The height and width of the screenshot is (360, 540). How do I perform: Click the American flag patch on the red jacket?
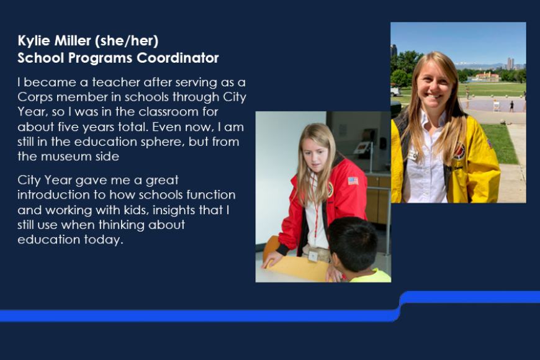tap(353, 181)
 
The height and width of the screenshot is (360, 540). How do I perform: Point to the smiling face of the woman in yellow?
tap(436, 86)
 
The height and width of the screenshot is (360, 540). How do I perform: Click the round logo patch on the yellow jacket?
tap(459, 151)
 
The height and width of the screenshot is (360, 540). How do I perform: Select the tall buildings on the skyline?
tap(510, 63)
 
